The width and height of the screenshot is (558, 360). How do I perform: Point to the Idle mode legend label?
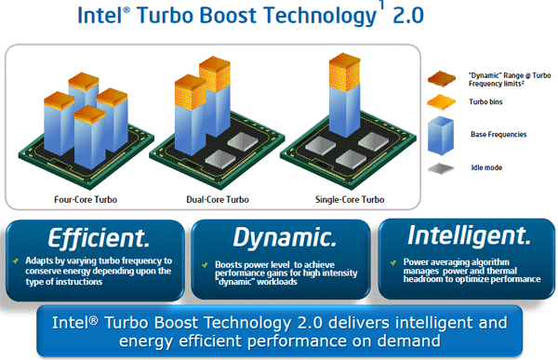pyautogui.click(x=485, y=169)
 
